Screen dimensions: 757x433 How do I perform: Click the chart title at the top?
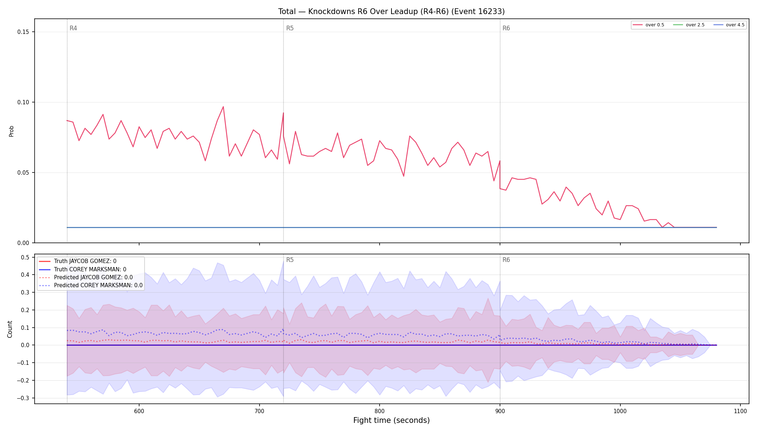[x=391, y=12]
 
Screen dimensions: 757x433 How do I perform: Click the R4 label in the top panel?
[x=73, y=28]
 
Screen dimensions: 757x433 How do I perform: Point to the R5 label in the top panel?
[x=290, y=28]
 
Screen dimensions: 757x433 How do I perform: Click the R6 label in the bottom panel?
[x=506, y=260]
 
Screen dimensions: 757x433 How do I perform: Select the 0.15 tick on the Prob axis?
[x=23, y=32]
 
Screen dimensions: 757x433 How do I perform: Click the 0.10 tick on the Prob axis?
[x=23, y=102]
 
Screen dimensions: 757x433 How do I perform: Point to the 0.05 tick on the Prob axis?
[x=23, y=172]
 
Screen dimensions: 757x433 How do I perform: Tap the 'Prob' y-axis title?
[x=11, y=131]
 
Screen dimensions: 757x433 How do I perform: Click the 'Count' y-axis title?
[x=10, y=329]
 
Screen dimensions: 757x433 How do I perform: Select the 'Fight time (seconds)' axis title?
[x=391, y=420]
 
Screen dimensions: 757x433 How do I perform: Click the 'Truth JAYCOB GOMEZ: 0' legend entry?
[x=85, y=261]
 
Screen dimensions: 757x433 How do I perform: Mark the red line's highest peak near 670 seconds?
[x=223, y=106]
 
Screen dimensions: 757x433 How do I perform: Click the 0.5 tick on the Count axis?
[x=25, y=257]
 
